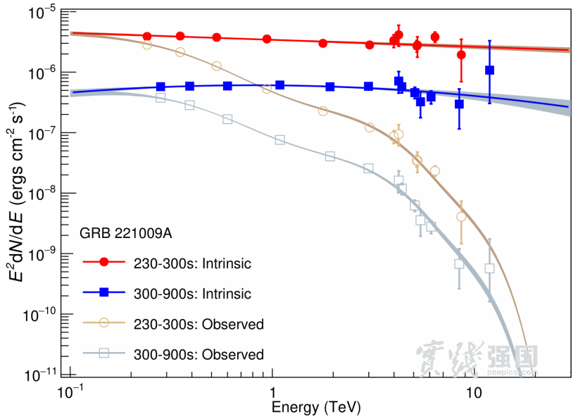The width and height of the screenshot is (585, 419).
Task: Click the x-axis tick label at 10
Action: [x=473, y=392]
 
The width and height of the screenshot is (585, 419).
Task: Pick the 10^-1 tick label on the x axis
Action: [x=70, y=392]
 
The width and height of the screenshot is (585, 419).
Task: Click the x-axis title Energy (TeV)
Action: [x=307, y=408]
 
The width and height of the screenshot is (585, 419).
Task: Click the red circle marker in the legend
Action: [x=103, y=263]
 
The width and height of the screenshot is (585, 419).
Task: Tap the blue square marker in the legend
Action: [x=103, y=293]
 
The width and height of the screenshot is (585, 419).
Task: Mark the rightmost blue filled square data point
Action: [x=490, y=70]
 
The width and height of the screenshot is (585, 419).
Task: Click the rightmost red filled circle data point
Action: [x=461, y=54]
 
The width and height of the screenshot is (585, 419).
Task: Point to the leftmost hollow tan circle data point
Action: [x=147, y=44]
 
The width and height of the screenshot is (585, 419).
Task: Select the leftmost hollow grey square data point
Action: [x=161, y=98]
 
